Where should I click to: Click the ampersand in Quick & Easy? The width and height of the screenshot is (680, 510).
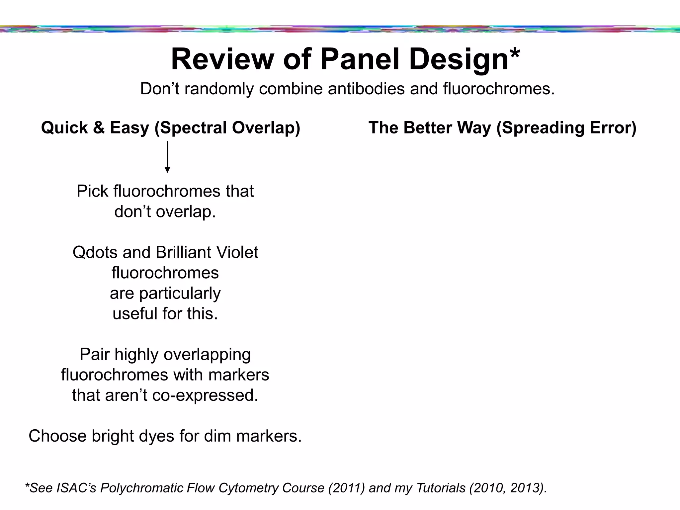click(x=99, y=128)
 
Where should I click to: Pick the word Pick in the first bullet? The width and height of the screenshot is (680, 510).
click(x=93, y=191)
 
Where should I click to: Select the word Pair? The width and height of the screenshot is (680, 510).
click(x=95, y=355)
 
